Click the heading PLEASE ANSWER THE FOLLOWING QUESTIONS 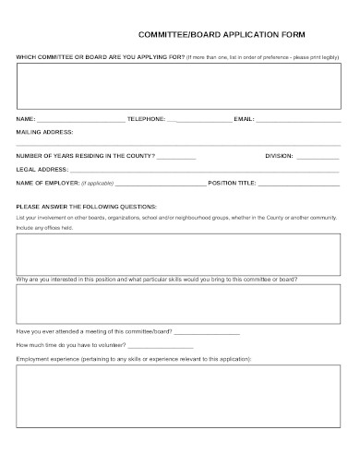87,206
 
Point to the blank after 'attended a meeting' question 207,331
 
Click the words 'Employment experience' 46,357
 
